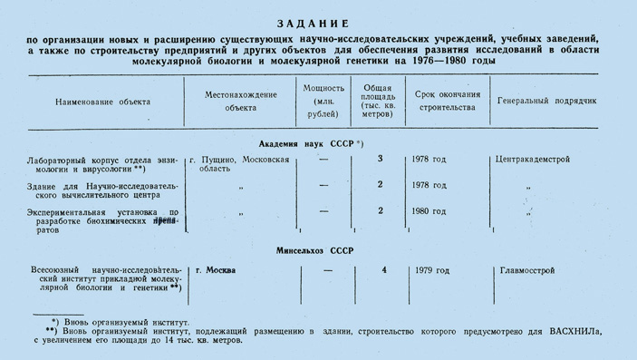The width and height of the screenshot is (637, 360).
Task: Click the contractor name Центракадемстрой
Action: tap(533, 160)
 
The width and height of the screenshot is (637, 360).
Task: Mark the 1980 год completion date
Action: tap(428, 211)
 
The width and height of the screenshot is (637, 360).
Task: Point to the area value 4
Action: tap(384, 270)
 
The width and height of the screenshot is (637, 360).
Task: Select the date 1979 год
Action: tap(429, 270)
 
